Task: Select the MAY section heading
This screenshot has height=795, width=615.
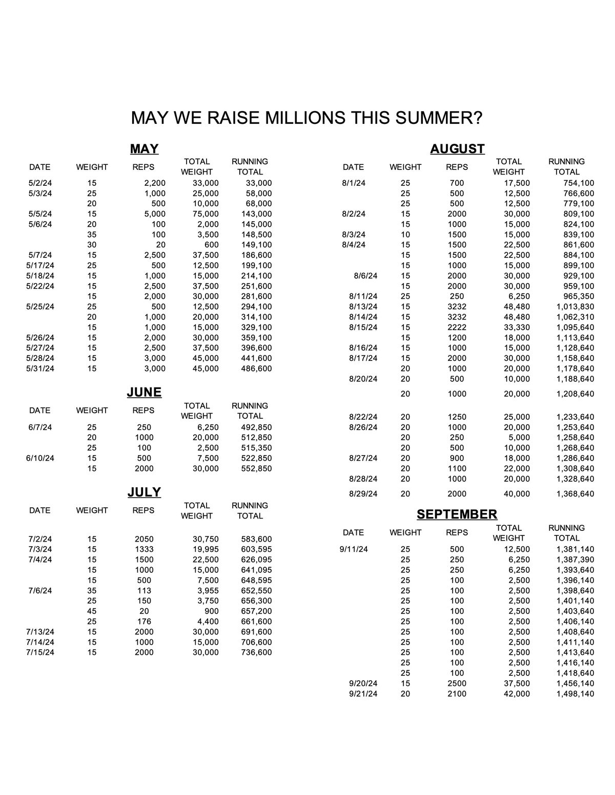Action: [x=144, y=149]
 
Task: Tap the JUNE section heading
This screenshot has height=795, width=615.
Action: [x=144, y=392]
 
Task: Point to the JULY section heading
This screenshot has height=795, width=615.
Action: [x=144, y=492]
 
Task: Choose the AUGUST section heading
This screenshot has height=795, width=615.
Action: [x=457, y=149]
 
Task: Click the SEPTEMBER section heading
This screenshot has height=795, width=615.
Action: [x=457, y=514]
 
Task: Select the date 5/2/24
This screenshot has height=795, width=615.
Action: [x=40, y=183]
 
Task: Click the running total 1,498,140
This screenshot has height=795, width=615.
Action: [x=575, y=694]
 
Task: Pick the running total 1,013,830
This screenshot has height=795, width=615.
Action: [x=575, y=307]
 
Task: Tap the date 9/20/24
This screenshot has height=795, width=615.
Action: [x=363, y=683]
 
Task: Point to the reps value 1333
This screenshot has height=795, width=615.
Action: [x=144, y=549]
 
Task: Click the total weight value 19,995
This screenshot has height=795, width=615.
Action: [x=206, y=549]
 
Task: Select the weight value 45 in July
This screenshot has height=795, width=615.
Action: [x=92, y=611]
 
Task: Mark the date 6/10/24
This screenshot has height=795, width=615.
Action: [x=40, y=458]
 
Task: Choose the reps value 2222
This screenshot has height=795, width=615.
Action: [x=457, y=327]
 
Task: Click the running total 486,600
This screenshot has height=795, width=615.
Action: [x=256, y=369]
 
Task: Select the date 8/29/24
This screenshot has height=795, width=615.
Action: [x=363, y=494]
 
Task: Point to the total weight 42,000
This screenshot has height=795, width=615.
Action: [x=517, y=694]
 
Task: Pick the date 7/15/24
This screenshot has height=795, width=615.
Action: [x=40, y=652]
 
